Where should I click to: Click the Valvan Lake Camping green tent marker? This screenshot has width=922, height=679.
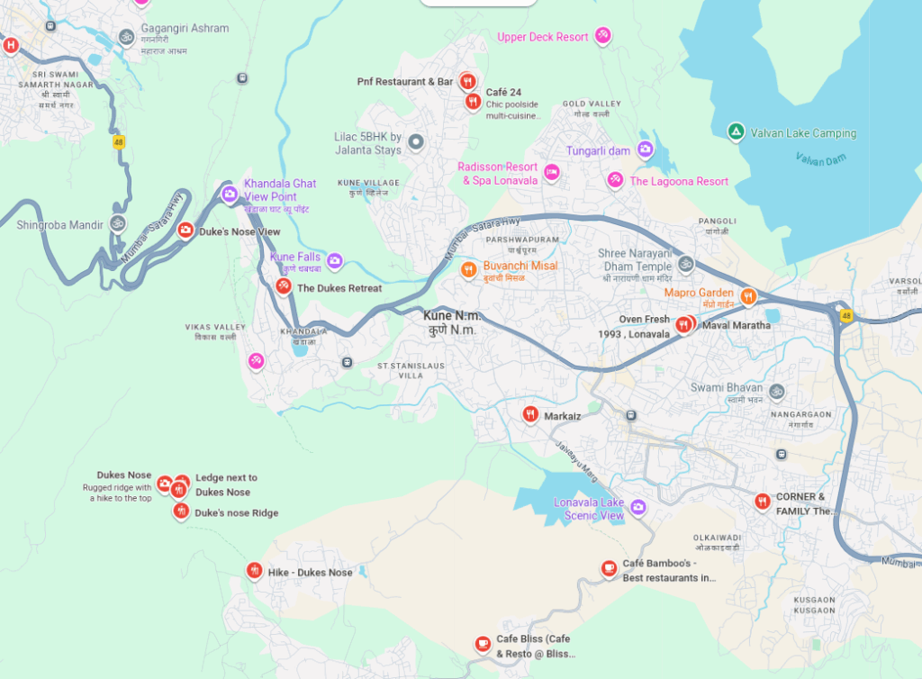point(736,132)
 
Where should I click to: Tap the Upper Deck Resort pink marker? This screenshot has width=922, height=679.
point(602,36)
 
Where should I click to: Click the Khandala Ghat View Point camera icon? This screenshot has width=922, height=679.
point(230,193)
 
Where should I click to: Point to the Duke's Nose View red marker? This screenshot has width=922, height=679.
point(185,231)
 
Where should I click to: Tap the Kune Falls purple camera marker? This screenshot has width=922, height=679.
point(335,260)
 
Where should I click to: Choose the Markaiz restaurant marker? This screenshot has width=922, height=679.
point(530,414)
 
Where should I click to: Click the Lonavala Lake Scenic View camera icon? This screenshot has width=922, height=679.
point(638,507)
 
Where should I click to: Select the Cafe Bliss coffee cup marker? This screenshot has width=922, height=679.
point(483,643)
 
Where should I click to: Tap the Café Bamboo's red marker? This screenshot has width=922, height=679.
point(610,567)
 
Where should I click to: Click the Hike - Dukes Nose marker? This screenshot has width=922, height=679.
point(254,570)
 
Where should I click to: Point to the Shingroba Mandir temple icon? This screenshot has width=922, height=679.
point(117,222)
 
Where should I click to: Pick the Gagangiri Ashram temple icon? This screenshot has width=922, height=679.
point(127,37)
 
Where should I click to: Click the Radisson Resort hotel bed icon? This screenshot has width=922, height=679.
point(552,171)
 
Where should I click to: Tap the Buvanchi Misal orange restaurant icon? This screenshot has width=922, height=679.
point(468,268)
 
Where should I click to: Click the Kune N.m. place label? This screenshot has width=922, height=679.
point(452,322)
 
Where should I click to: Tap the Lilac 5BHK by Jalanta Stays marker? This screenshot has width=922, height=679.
point(416,141)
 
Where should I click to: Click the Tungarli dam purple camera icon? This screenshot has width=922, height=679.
point(646,149)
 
